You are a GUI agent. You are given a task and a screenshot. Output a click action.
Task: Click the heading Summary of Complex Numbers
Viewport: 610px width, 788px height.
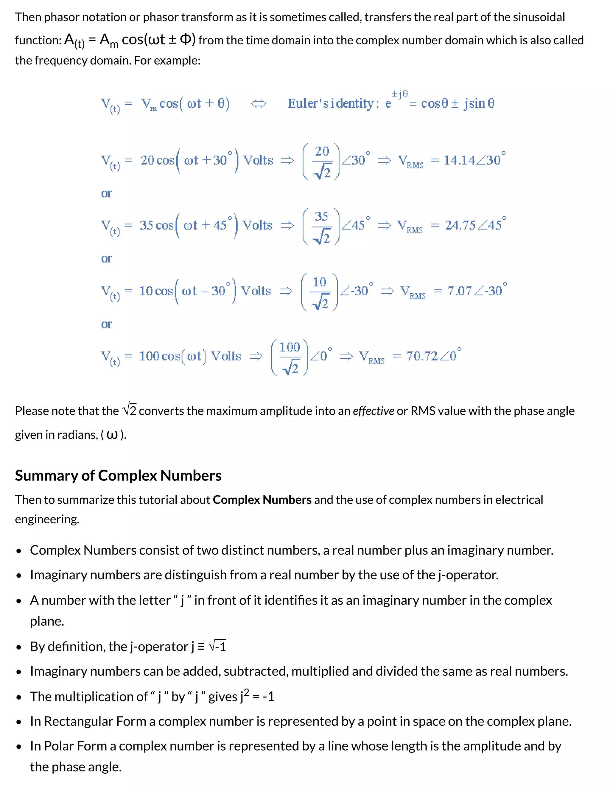pos(118,475)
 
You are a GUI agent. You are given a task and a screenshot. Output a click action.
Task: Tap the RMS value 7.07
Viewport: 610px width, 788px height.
pos(459,291)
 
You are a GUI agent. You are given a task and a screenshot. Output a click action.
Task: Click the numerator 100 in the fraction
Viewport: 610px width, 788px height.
pos(290,347)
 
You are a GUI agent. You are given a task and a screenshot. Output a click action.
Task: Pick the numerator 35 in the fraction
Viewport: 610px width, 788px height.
pos(321,216)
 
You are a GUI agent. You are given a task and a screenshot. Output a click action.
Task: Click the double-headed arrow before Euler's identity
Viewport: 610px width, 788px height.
pos(259,104)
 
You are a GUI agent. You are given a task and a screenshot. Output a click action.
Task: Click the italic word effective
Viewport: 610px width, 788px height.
pos(373,411)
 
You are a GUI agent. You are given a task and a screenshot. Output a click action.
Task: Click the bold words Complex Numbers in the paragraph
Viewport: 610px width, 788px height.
pos(262,500)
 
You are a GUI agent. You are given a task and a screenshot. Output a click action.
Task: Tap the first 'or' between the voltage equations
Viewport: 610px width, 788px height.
pos(106,194)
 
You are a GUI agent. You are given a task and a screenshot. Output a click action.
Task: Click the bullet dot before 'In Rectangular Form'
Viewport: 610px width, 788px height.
pos(19,722)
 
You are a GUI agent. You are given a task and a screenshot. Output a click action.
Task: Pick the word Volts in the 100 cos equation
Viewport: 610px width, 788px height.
pos(226,356)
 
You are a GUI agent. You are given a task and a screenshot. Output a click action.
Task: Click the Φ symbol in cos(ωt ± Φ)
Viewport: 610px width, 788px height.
pos(185,39)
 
